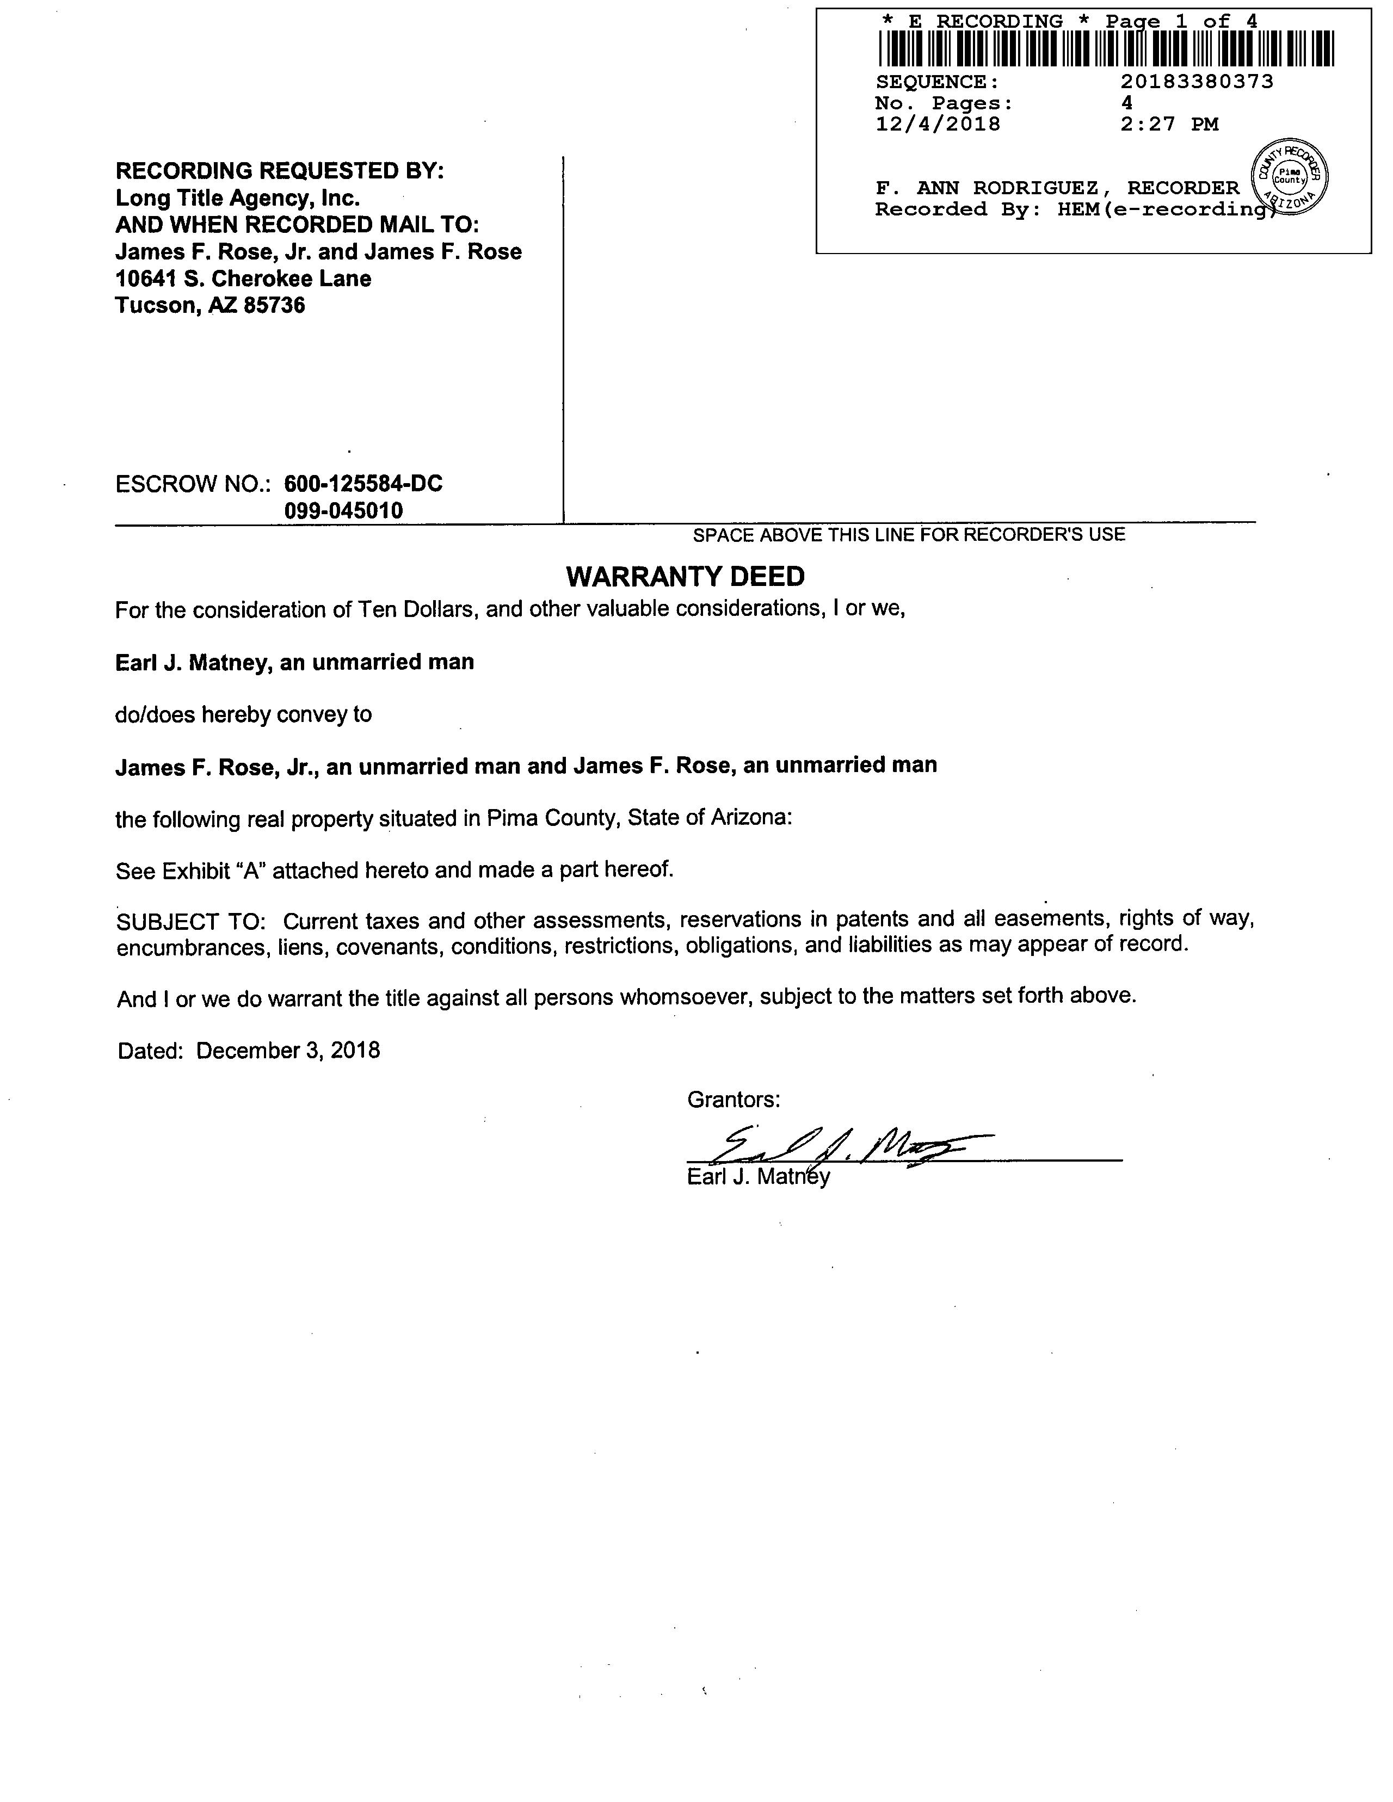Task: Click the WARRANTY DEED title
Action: point(685,576)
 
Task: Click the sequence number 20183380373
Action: point(1197,82)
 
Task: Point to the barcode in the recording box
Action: point(1106,48)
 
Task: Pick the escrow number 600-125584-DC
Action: point(363,484)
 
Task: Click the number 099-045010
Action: point(344,511)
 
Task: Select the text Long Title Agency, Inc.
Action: point(238,198)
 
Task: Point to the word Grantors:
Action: point(734,1099)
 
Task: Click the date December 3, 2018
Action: point(288,1050)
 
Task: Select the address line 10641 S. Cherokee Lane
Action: point(243,279)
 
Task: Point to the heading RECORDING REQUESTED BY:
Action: point(280,171)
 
